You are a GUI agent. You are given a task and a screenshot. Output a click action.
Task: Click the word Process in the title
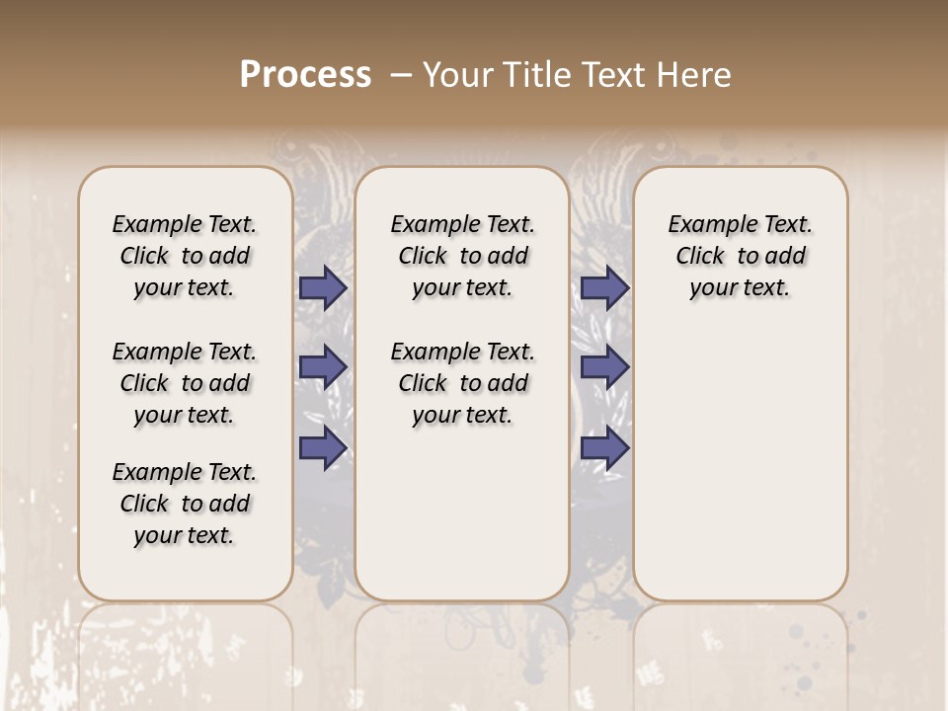coord(305,75)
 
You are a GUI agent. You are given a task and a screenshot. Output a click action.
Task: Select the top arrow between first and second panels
coord(323,287)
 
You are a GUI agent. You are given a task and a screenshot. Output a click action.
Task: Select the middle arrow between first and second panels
coord(323,367)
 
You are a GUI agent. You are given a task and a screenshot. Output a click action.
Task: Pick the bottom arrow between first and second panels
coord(323,448)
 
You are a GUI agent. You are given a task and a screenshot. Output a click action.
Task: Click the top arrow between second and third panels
coord(604,287)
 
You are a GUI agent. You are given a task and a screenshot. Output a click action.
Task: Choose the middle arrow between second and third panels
coord(604,367)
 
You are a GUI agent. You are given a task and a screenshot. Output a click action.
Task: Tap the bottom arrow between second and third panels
coord(604,448)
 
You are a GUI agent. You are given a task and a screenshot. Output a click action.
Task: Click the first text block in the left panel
coord(185,256)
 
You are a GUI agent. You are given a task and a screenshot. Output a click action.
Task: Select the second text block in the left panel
coord(185,383)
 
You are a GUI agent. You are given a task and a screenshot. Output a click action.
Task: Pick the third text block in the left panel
coord(185,504)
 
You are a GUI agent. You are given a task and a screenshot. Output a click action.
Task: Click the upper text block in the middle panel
coord(462,256)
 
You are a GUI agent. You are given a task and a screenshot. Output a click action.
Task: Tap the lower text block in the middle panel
coord(462,383)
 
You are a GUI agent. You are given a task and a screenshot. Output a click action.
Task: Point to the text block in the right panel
coord(741,256)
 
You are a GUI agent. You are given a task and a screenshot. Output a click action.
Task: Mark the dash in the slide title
coord(400,75)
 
